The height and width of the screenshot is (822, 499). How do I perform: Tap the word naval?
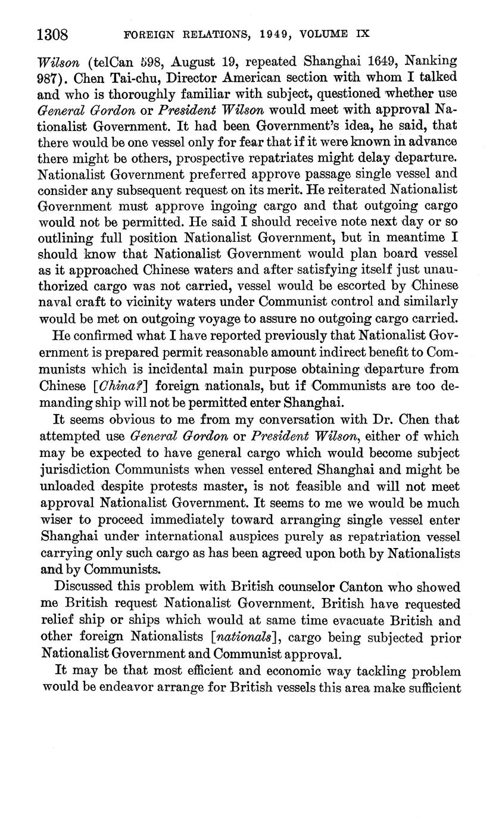pyautogui.click(x=57, y=300)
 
